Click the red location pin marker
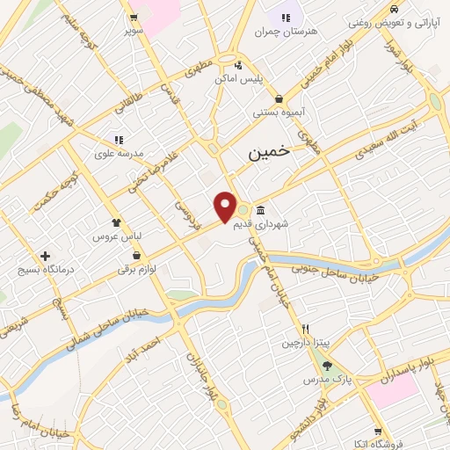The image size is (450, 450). [x=226, y=207]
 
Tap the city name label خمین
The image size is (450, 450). [x=268, y=152]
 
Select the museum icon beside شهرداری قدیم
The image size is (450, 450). [x=262, y=211]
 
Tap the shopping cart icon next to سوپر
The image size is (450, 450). [x=134, y=18]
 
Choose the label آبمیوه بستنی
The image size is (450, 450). [x=278, y=112]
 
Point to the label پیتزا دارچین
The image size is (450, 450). [x=304, y=341]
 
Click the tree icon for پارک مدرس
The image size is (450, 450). [x=328, y=366]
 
